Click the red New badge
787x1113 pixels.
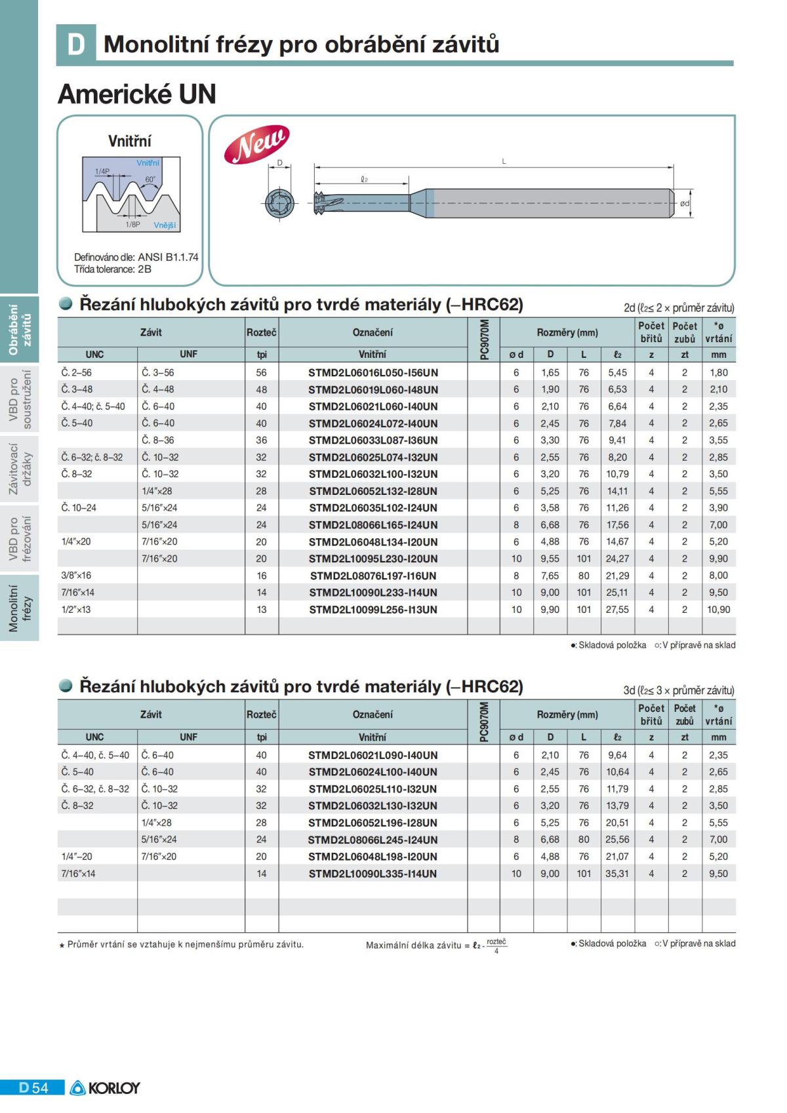[256, 144]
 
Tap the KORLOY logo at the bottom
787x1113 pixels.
[106, 1088]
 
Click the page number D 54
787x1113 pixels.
[33, 1088]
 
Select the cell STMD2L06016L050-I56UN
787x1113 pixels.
[373, 373]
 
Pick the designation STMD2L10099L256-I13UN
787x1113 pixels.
[373, 610]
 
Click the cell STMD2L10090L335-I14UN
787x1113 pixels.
[373, 874]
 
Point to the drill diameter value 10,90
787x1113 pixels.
[718, 610]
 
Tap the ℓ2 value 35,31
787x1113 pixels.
[617, 874]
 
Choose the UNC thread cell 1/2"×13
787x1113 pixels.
[76, 610]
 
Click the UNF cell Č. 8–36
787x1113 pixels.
[158, 440]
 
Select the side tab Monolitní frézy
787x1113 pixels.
[20, 608]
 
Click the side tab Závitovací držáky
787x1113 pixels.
[20, 469]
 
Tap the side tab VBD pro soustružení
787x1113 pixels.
[20, 399]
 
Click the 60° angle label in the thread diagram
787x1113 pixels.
[150, 180]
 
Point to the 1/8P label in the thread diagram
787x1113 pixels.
[132, 224]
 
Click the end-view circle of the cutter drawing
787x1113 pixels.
[280, 203]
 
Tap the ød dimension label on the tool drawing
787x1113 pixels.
[685, 203]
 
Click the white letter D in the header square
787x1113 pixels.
[76, 44]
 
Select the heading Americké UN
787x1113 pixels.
[137, 94]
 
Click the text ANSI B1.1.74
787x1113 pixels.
[168, 257]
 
